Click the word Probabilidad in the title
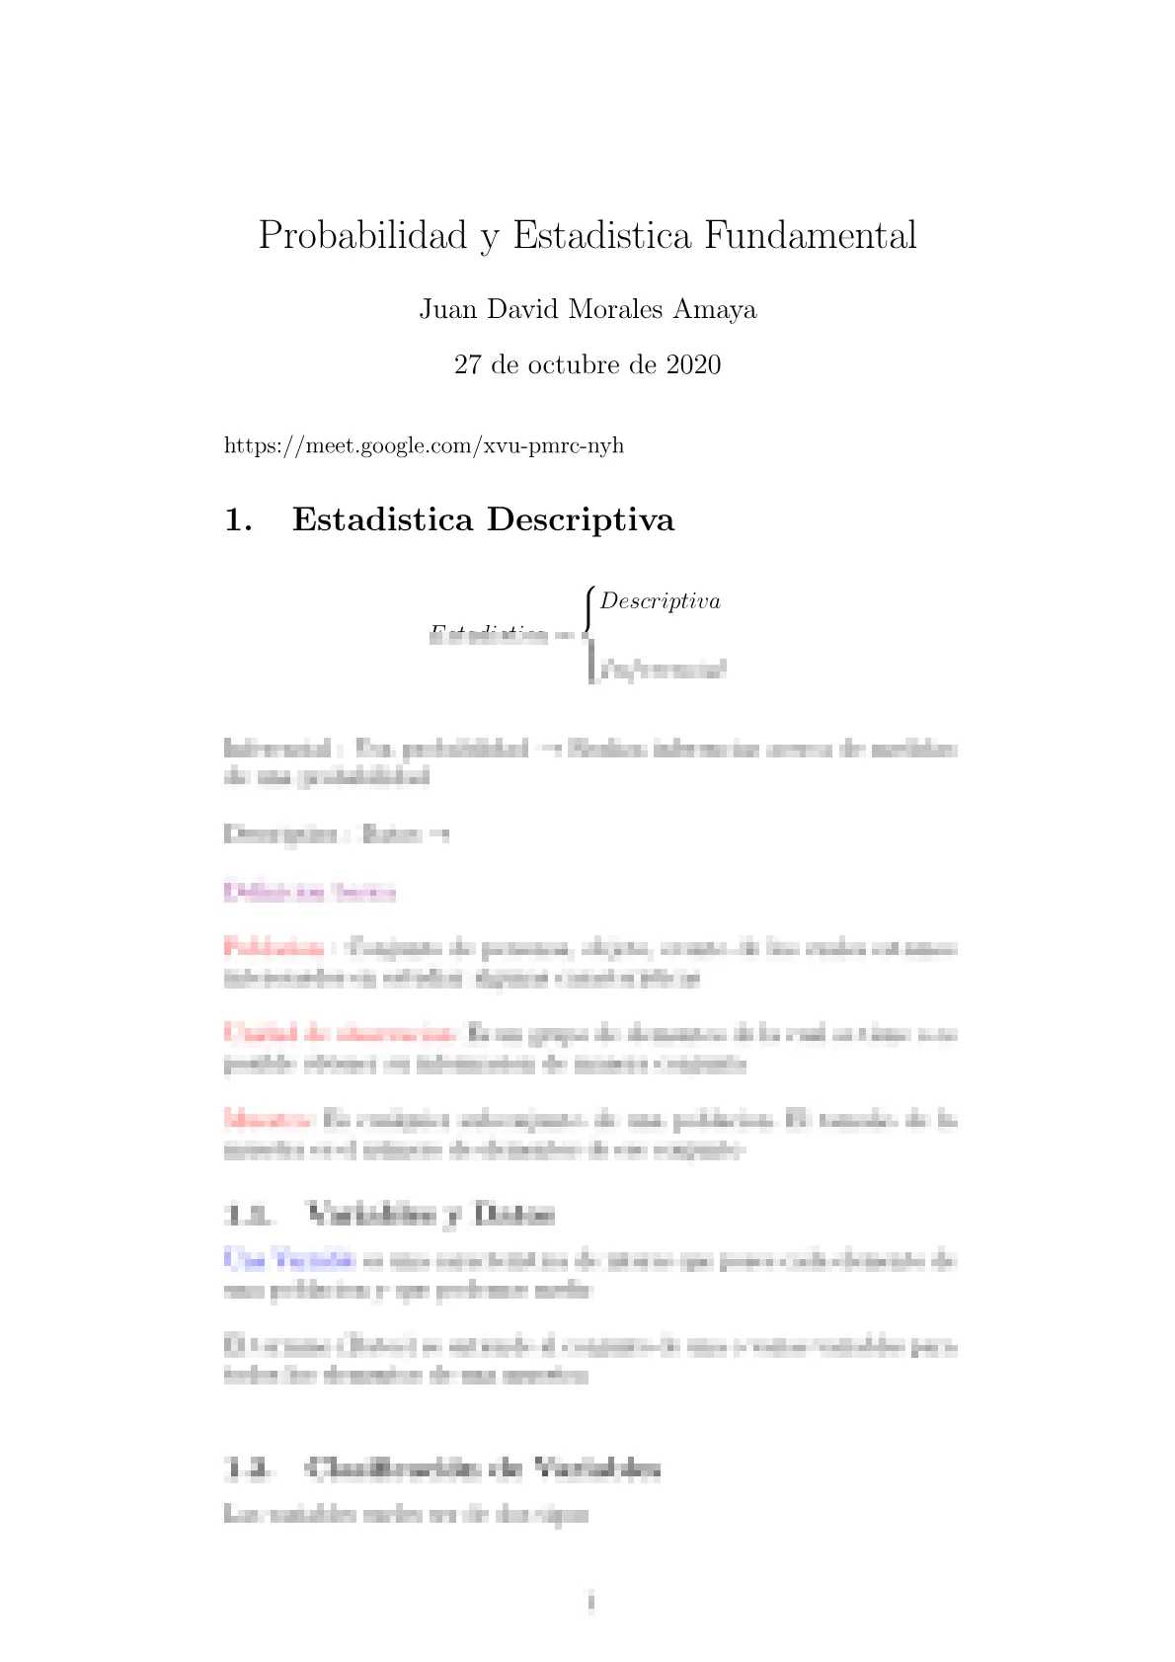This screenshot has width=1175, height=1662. [362, 236]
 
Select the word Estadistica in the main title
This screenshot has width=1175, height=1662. [601, 236]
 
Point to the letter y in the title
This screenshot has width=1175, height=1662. [489, 239]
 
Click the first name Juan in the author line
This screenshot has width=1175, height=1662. [448, 310]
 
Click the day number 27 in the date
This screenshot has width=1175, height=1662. [467, 365]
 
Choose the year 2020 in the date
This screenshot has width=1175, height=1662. [693, 365]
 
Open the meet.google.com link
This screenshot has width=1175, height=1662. [424, 445]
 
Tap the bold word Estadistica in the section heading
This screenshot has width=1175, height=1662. [382, 520]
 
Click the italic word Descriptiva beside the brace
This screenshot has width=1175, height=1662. [660, 601]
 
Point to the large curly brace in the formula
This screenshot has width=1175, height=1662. [589, 633]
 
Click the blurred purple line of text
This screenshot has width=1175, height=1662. [309, 892]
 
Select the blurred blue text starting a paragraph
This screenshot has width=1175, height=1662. [288, 1259]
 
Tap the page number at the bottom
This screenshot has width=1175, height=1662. [590, 1602]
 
